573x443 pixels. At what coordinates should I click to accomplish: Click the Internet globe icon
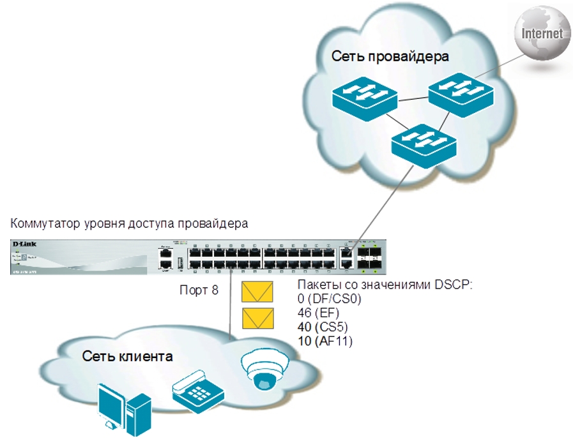click(542, 33)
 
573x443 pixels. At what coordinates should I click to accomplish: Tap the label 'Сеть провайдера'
click(390, 56)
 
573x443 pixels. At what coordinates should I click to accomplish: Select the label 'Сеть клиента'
click(127, 356)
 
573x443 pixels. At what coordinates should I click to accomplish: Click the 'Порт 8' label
click(199, 290)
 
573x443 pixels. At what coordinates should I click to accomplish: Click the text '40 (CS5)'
click(323, 327)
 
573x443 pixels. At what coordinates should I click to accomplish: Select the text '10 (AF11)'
click(326, 342)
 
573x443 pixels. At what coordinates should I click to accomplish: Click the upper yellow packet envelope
click(257, 292)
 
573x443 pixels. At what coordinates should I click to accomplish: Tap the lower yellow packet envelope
click(257, 318)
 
